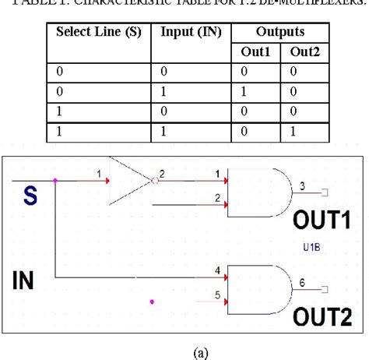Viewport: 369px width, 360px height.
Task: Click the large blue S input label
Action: pos(29,197)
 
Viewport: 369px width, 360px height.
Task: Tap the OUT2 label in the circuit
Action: pos(320,316)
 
